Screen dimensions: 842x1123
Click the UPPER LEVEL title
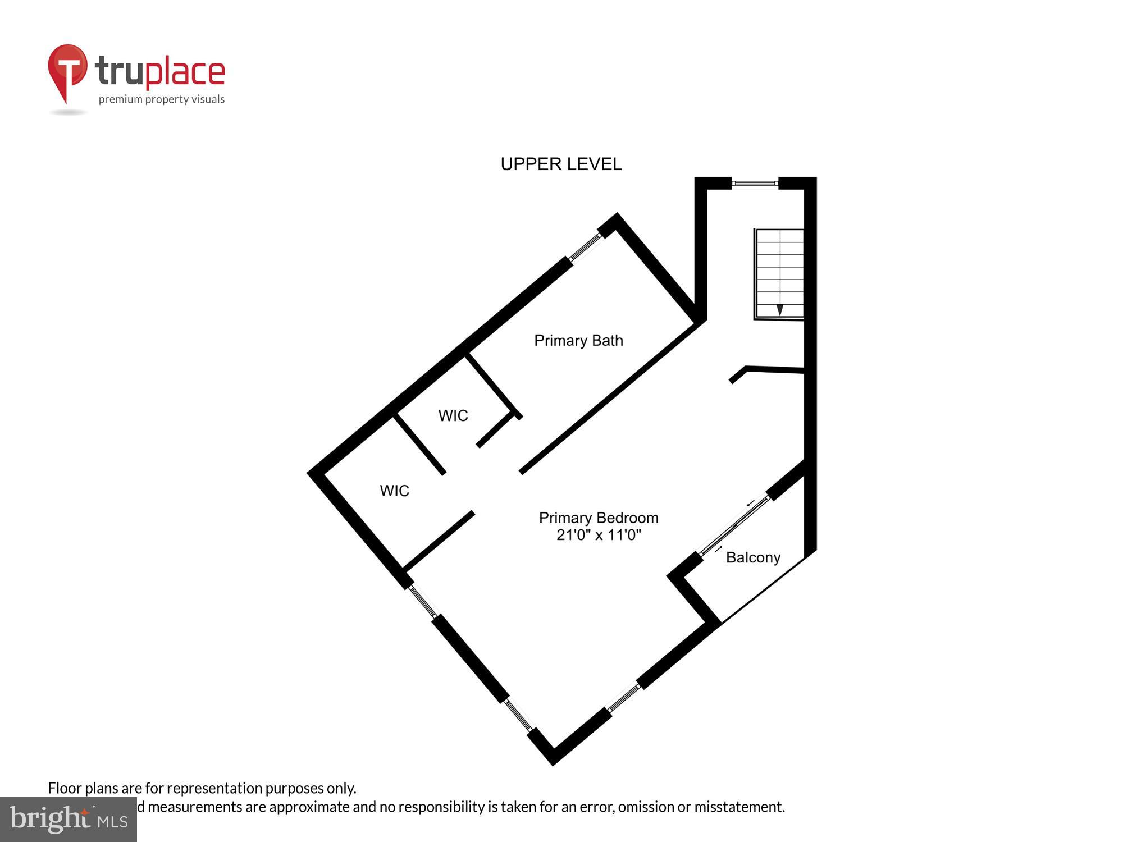pos(561,164)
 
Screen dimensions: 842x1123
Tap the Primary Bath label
pos(578,341)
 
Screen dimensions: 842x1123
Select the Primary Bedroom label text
pos(599,518)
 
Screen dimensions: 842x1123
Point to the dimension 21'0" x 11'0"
pos(599,535)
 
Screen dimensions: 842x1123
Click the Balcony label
pos(753,557)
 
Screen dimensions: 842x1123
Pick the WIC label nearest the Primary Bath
pos(453,416)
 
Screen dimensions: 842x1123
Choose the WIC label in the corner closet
pos(394,491)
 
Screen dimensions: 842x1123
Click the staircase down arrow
pos(779,310)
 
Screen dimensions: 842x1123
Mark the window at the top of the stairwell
pos(755,183)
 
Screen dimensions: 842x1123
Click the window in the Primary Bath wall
pos(586,247)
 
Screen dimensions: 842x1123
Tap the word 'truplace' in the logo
pos(160,72)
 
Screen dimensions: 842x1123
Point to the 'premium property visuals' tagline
pos(162,100)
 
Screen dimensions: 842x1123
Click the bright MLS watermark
pos(69,820)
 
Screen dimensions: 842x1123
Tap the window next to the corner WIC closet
pos(423,601)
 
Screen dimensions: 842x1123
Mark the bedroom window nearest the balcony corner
pos(624,698)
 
